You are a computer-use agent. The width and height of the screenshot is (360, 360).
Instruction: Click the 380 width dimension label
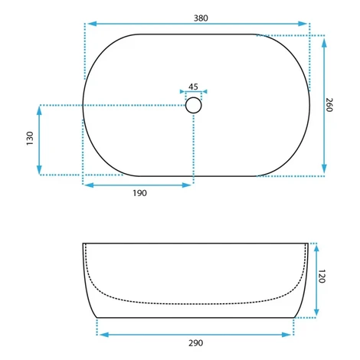201,18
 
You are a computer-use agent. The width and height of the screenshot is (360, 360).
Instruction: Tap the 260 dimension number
329,105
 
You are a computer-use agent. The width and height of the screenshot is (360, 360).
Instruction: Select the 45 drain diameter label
193,87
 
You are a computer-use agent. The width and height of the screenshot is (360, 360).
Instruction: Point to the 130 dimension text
30,139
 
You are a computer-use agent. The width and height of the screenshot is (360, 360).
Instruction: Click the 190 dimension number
139,193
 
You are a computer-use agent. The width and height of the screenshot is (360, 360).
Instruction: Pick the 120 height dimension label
322,276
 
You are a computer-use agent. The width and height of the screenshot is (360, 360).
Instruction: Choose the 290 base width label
196,343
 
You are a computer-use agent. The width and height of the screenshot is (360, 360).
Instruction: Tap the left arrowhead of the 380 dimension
92,24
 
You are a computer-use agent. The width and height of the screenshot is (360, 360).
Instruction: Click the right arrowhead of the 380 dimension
303,24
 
